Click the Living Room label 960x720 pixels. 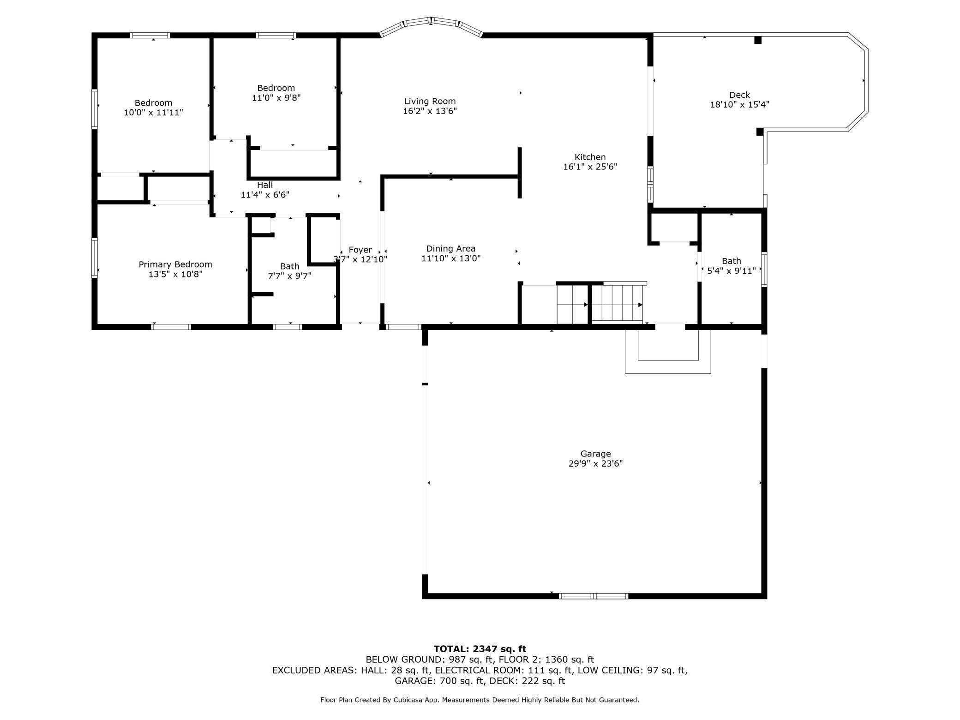(x=430, y=101)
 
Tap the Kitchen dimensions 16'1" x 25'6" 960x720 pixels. (x=590, y=167)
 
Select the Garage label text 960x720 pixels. (x=595, y=454)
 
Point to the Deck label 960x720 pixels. (x=739, y=95)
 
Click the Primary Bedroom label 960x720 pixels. (x=175, y=264)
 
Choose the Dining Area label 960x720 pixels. (x=450, y=249)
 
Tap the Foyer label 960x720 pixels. (x=360, y=250)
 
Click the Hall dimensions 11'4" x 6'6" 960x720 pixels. (x=265, y=195)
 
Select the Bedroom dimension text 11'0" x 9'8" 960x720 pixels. (x=276, y=98)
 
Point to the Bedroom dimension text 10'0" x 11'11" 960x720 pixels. (x=153, y=113)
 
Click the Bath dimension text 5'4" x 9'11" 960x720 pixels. (x=732, y=271)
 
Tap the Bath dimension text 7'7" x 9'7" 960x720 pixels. (x=289, y=276)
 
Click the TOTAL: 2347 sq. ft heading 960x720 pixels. (x=480, y=649)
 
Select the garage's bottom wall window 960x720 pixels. (x=594, y=596)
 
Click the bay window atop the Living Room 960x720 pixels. (x=431, y=25)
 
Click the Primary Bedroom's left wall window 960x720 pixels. (x=95, y=258)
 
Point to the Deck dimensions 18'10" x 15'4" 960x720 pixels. (x=739, y=105)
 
